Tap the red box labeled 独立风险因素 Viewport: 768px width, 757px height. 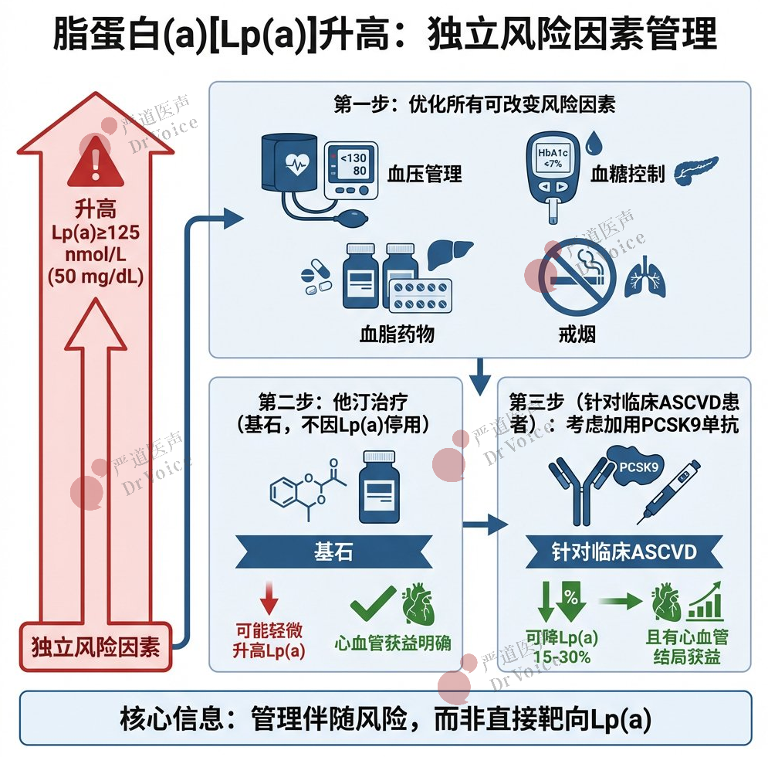(x=96, y=646)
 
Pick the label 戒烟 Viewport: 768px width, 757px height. (x=577, y=334)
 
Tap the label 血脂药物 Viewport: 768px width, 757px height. (x=398, y=334)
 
